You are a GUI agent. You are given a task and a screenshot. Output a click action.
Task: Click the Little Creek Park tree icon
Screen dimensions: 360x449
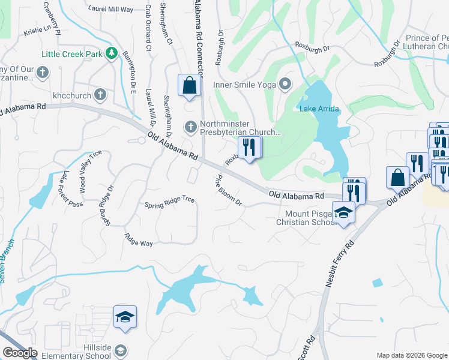pos(111,54)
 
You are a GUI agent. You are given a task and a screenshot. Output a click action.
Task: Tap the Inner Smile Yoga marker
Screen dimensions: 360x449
pos(286,85)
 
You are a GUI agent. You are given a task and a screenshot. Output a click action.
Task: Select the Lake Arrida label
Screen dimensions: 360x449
pos(319,109)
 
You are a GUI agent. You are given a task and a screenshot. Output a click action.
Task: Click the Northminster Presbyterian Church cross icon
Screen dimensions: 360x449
pos(190,127)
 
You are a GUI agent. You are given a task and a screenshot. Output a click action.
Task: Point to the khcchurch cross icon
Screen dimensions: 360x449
pos(100,95)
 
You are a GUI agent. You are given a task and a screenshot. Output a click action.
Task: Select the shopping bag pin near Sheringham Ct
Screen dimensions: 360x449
pos(190,86)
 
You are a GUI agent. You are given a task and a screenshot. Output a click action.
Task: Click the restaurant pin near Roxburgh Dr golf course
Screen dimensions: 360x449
pos(250,147)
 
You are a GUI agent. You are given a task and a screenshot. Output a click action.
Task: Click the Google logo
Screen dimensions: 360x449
pos(20,353)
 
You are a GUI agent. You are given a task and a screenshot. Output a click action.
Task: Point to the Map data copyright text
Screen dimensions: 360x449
pos(411,355)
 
